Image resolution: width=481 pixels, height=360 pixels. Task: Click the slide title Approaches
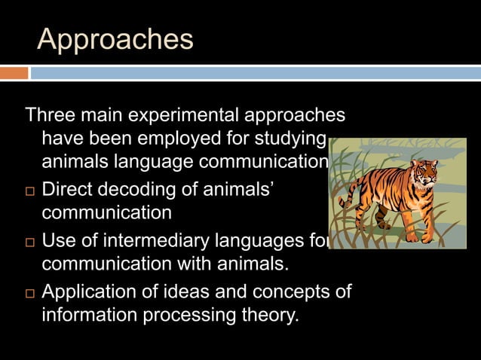point(115,39)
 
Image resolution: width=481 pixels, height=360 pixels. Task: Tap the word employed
point(167,140)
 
